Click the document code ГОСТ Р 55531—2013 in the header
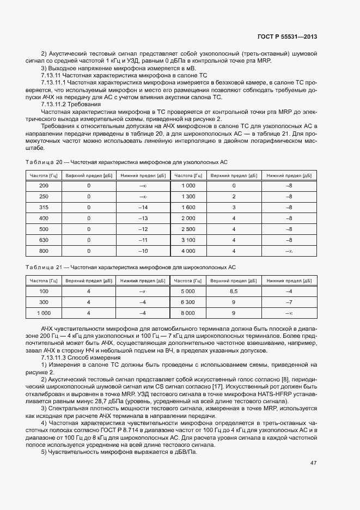coord(287,37)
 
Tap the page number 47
coord(313,463)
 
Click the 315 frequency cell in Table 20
coord(44,208)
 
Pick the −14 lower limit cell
coord(143,208)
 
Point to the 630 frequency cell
coord(44,240)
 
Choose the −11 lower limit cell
coord(143,240)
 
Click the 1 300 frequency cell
coord(188,197)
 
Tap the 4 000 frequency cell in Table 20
coord(188,251)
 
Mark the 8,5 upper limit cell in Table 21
coord(234,292)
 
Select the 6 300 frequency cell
coord(188,302)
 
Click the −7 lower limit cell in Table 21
coord(289,302)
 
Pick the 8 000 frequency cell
coord(188,313)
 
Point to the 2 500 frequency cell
coord(188,229)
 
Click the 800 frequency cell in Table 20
coord(44,251)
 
